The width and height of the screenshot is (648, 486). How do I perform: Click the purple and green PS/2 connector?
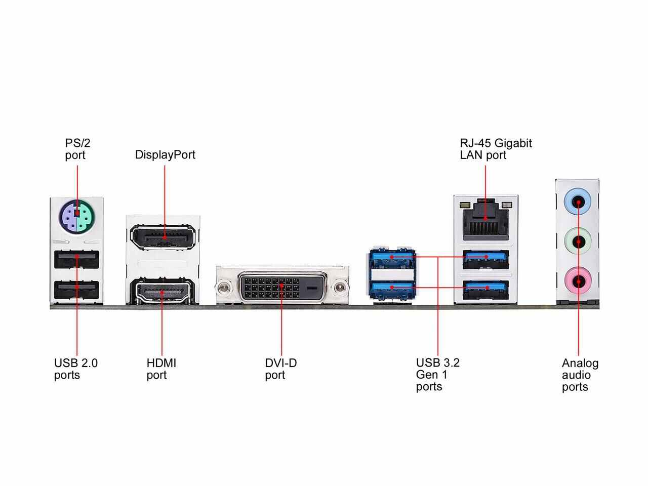click(x=77, y=216)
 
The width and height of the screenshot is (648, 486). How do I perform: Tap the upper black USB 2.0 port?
click(x=77, y=260)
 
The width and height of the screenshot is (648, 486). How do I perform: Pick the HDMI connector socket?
click(x=162, y=292)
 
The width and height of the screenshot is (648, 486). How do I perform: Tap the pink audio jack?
click(x=578, y=279)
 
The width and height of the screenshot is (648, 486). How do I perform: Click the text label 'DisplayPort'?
click(x=165, y=155)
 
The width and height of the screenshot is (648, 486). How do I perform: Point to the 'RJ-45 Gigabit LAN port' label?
click(x=496, y=149)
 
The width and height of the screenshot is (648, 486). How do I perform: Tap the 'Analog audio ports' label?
click(x=580, y=375)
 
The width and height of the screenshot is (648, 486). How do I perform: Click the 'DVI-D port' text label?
click(x=280, y=369)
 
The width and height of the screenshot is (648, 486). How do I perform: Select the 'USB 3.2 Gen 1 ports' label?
click(x=437, y=375)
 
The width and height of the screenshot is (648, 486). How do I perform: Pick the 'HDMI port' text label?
click(x=161, y=369)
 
